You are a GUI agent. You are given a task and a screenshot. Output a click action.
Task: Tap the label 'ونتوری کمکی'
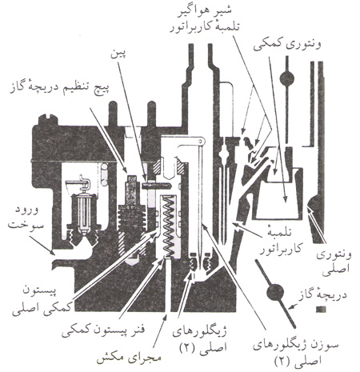287,46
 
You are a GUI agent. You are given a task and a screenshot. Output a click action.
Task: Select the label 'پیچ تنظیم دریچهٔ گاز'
60,90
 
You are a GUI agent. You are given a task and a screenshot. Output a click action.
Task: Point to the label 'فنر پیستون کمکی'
103,331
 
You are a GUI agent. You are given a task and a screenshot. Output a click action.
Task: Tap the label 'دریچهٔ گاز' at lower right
322,296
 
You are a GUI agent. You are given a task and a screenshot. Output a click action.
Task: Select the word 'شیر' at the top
222,10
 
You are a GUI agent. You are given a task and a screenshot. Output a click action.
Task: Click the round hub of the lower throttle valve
275,292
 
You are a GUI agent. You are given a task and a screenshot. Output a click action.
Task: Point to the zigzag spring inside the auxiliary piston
168,226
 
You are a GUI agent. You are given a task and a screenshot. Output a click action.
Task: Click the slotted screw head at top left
48,119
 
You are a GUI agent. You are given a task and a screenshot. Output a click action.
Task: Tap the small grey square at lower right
321,310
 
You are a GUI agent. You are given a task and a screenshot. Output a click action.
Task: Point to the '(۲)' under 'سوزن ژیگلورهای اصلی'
284,362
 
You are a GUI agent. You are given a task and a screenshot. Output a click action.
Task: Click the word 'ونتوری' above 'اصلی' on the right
334,255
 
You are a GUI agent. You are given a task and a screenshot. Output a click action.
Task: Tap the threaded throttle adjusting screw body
131,216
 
